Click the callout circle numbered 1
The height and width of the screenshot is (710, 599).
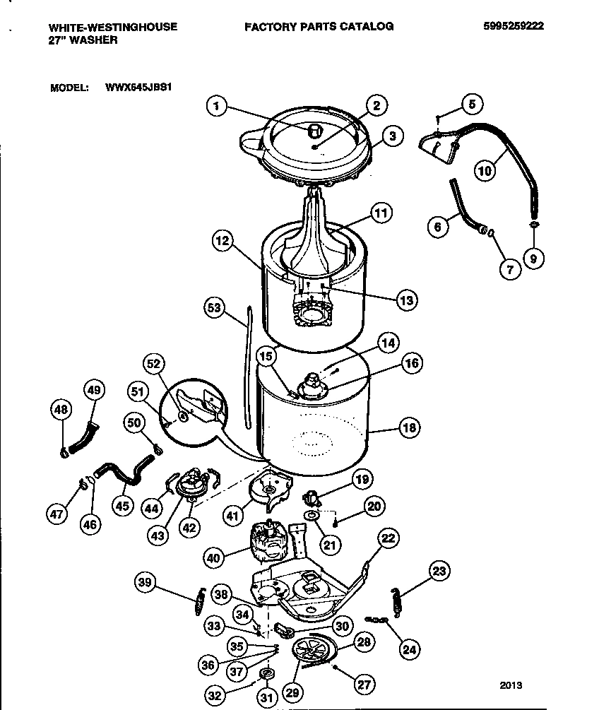tap(218, 106)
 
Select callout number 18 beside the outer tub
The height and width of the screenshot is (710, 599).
tap(408, 427)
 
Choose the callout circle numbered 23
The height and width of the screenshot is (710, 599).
tap(439, 572)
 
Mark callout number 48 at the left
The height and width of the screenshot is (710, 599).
tap(61, 409)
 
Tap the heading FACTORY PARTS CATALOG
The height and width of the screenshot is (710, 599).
tap(319, 26)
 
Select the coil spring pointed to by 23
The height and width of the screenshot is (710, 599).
tap(396, 599)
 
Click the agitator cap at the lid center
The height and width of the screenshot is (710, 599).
tap(315, 129)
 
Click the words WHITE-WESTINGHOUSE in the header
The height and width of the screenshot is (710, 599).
tap(112, 26)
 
